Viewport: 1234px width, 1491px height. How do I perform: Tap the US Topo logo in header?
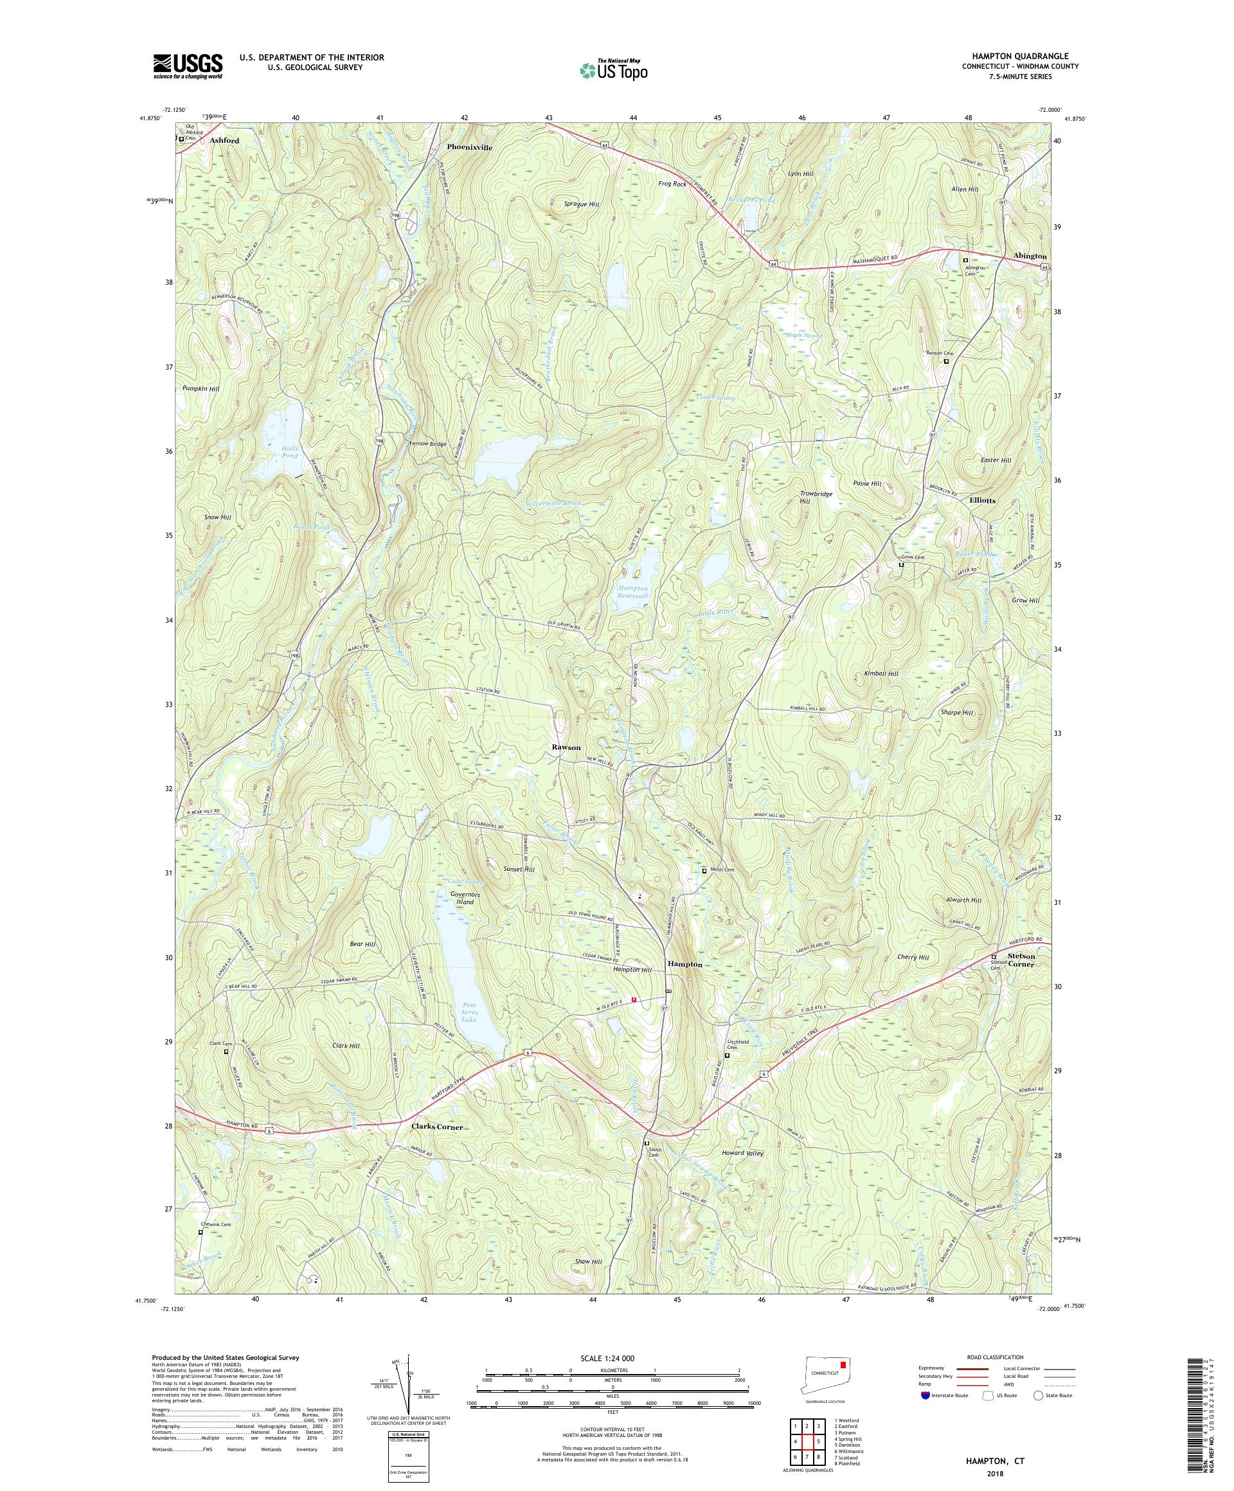[613, 69]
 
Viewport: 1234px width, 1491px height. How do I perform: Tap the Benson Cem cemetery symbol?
[945, 361]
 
